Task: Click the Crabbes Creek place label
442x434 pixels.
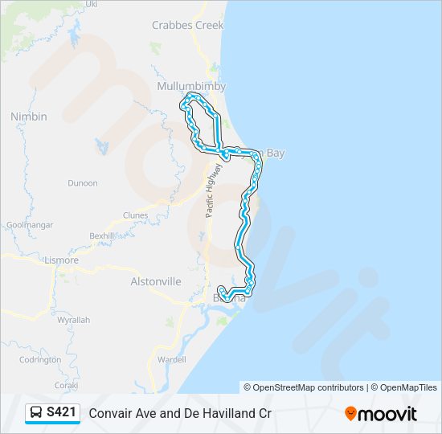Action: pos(187,26)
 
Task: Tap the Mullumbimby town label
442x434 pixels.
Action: pos(191,86)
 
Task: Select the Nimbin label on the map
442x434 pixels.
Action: pos(29,117)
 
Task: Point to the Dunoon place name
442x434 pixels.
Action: pos(82,183)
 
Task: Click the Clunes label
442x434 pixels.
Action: pos(135,215)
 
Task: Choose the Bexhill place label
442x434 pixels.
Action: pos(102,235)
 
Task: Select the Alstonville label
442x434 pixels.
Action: pos(156,282)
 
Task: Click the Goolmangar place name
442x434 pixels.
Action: pos(27,225)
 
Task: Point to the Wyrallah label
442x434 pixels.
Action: pos(73,320)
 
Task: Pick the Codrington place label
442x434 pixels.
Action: pos(39,360)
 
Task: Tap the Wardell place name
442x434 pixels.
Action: pos(171,360)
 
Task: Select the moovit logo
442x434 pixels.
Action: pos(381,414)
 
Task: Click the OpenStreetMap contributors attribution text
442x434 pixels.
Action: pos(304,387)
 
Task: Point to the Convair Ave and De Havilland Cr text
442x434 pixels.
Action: pos(180,413)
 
